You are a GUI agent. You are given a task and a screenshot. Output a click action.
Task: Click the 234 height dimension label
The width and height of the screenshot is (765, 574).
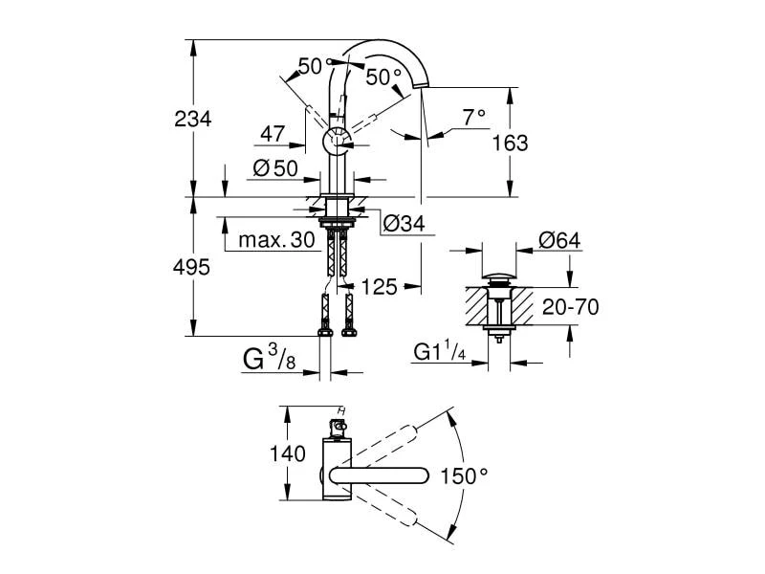[193, 119]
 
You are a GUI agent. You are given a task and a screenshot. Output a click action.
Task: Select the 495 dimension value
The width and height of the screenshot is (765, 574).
[192, 268]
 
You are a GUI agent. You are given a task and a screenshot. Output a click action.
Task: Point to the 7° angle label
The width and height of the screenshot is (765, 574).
[474, 117]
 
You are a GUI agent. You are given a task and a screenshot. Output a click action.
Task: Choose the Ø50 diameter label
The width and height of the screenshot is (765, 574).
[275, 168]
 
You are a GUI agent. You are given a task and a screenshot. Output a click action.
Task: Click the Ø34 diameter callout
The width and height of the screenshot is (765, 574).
[403, 226]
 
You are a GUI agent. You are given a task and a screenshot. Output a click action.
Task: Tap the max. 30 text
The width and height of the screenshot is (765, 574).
[276, 240]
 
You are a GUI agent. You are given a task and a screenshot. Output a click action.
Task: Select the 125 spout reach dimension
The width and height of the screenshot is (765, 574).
[378, 287]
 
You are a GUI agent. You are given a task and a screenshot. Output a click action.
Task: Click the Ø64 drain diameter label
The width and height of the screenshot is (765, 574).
[559, 240]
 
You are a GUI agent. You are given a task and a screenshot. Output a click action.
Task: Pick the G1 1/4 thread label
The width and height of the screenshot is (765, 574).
[440, 354]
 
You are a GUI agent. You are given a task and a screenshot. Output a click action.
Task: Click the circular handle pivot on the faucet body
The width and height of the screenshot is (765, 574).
[338, 141]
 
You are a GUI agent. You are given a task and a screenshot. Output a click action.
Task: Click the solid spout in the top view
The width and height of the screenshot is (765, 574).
[378, 475]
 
